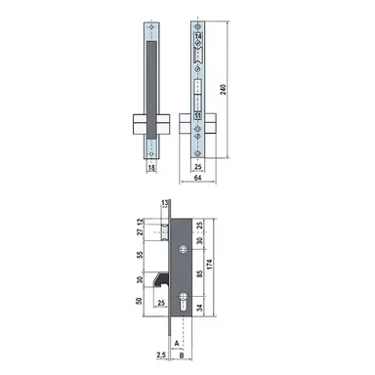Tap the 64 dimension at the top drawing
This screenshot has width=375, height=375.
point(198,179)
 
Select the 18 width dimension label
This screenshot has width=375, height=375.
point(151,168)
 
